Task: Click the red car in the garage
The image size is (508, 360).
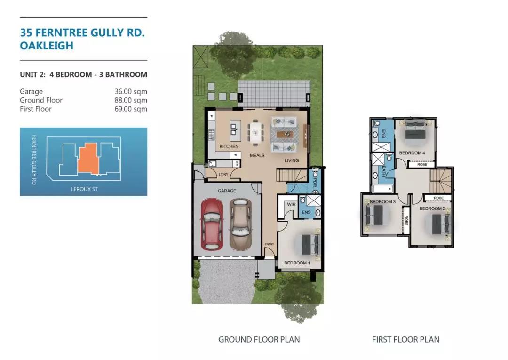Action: click(212, 224)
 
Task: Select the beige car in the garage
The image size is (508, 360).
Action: click(240, 224)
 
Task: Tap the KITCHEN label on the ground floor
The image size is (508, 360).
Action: click(229, 146)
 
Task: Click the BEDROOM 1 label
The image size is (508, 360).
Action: click(297, 263)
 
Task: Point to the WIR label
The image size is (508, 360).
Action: click(291, 204)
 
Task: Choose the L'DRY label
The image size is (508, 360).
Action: click(223, 174)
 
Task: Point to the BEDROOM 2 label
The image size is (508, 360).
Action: click(432, 208)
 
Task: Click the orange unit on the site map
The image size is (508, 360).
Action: click(88, 158)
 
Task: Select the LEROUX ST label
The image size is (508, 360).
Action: click(84, 189)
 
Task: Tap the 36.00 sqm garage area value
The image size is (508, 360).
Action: click(131, 92)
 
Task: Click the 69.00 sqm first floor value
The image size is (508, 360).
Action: click(131, 109)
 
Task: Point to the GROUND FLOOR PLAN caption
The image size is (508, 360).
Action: click(259, 340)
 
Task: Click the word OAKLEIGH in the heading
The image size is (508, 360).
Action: click(47, 46)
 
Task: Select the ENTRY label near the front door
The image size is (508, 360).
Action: click(269, 244)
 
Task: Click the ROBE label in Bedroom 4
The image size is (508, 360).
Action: click(422, 165)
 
